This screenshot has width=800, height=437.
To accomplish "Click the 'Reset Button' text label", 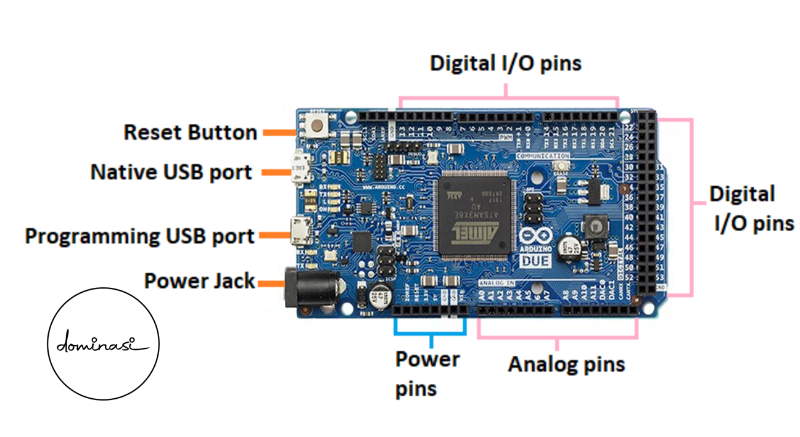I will pos(190,133).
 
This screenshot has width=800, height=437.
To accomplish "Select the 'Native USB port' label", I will pos(171,172).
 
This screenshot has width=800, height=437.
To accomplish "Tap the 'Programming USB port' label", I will pos(139,236).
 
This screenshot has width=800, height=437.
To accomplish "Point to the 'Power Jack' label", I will pos(199,281).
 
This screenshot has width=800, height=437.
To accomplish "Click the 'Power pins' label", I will pos(427,374).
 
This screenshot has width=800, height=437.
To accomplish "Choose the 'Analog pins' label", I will pos(566,364).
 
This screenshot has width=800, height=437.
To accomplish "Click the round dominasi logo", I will pos(104,344).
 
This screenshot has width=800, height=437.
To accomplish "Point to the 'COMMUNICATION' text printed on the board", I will pos(542,157).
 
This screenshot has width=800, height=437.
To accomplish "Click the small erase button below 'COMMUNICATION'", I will pos(561,167).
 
